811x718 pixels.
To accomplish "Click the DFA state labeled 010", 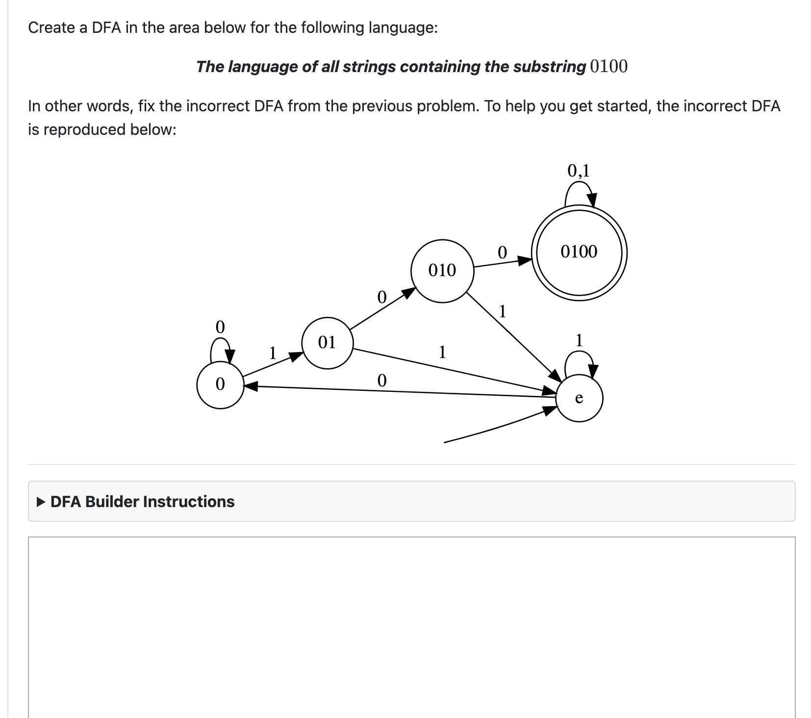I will coord(442,271).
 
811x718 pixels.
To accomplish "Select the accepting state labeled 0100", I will coord(579,253).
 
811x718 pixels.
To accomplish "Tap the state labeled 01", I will coord(327,342).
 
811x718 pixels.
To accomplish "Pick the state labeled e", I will coord(579,398).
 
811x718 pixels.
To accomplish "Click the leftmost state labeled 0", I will coord(220,384).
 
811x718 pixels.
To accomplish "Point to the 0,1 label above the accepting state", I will coord(579,171).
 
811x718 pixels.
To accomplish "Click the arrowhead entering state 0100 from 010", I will coord(525,260).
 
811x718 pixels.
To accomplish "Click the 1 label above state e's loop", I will coord(579,340).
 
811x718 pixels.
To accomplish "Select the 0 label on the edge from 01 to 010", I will coord(381,297).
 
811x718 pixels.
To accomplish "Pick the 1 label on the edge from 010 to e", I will coord(502,311).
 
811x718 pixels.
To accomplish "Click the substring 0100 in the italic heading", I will coord(608,66).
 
